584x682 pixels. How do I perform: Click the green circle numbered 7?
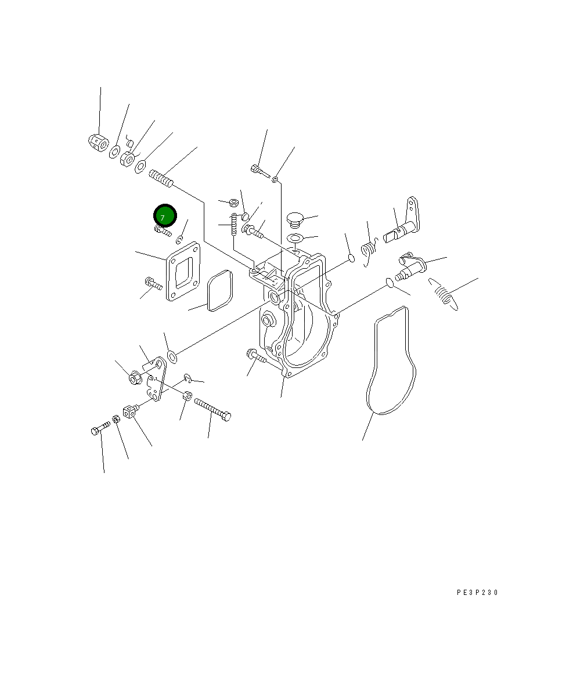point(165,216)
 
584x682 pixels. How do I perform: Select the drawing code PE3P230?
point(477,593)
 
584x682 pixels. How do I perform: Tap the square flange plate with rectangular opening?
point(183,272)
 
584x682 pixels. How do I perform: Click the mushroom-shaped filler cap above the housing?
point(295,219)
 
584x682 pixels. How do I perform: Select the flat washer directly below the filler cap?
point(296,238)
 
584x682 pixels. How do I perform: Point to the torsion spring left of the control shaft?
point(369,251)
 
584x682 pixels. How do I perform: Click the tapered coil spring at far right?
point(444,294)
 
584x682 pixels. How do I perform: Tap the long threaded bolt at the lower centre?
point(213,409)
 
